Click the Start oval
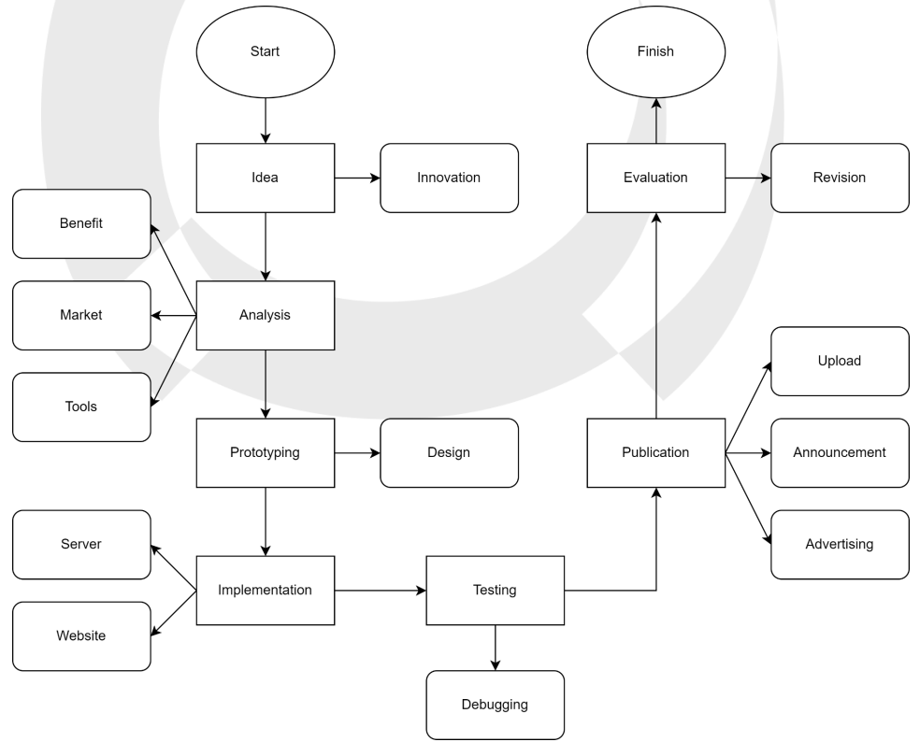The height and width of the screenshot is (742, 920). coord(265,51)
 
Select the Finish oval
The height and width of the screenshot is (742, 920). coord(655,51)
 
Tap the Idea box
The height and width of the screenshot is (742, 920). coord(265,178)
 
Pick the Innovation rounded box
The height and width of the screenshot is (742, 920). coord(449,178)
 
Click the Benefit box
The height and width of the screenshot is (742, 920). coord(81,223)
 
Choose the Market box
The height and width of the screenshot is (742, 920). coord(81,315)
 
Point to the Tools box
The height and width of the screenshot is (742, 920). coord(81,407)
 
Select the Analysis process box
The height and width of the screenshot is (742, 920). coord(265,315)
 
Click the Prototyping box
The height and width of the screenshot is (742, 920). coord(265,452)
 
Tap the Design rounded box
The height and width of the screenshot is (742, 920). coord(449,452)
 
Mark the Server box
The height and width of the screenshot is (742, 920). coord(81,544)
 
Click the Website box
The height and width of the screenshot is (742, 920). coord(81,635)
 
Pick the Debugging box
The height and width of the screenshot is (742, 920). coord(495,705)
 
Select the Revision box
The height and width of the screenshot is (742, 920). coord(840,178)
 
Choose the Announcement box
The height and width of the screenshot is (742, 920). coord(840,452)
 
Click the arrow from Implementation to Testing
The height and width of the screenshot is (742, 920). coord(380,591)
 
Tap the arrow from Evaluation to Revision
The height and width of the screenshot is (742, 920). coord(747,178)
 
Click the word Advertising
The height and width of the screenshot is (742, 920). coord(840,544)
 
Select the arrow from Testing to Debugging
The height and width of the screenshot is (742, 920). coord(496,648)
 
